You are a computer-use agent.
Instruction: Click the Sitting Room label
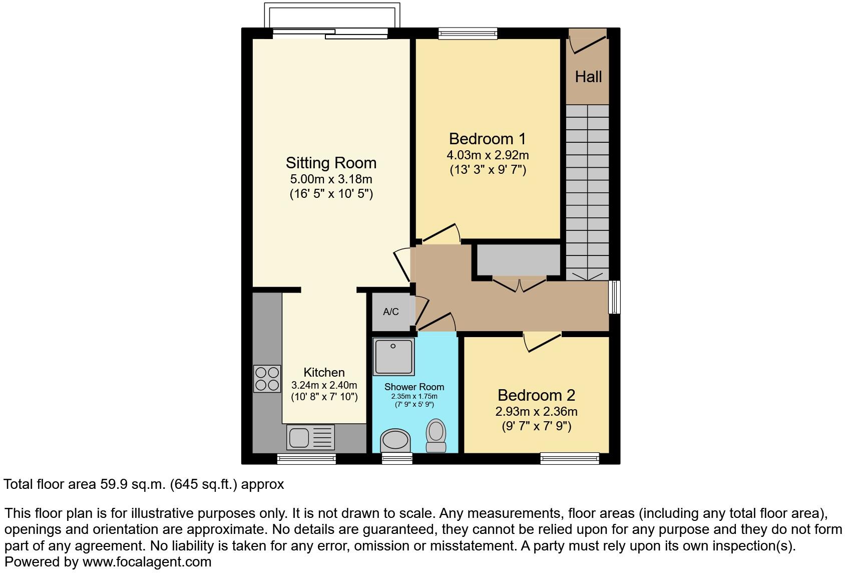(x=331, y=163)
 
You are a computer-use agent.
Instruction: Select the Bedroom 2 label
(x=536, y=395)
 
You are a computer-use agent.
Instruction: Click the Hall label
(x=588, y=77)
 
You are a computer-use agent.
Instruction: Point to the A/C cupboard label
(x=391, y=312)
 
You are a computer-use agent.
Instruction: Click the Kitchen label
(x=324, y=372)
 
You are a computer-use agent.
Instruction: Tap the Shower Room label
(x=414, y=387)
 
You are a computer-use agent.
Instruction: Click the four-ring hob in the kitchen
(x=267, y=379)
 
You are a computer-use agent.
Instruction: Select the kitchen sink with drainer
(x=310, y=437)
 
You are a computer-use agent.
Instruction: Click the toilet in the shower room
(x=436, y=436)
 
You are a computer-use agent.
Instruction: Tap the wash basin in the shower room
(x=395, y=441)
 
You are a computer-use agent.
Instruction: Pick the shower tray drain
(x=393, y=346)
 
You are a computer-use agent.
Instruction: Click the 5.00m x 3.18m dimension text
(x=331, y=179)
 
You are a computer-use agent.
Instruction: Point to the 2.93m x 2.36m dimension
(x=536, y=412)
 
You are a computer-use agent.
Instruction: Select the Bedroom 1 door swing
(x=441, y=234)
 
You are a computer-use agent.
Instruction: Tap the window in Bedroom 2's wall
(x=570, y=458)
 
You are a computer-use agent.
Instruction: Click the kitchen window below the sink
(x=306, y=459)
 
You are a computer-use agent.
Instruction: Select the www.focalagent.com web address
(x=147, y=562)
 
